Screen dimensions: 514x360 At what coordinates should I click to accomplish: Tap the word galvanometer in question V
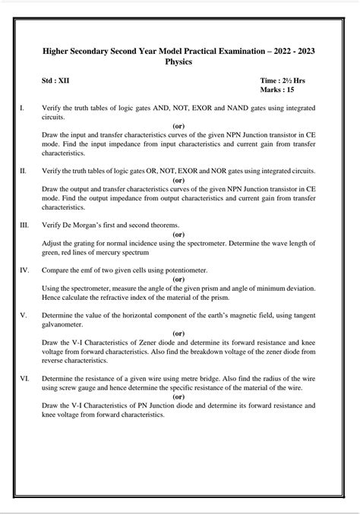click(64, 324)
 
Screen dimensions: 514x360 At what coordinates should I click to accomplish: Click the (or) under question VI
click(179, 396)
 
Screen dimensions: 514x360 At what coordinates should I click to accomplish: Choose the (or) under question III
click(179, 235)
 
